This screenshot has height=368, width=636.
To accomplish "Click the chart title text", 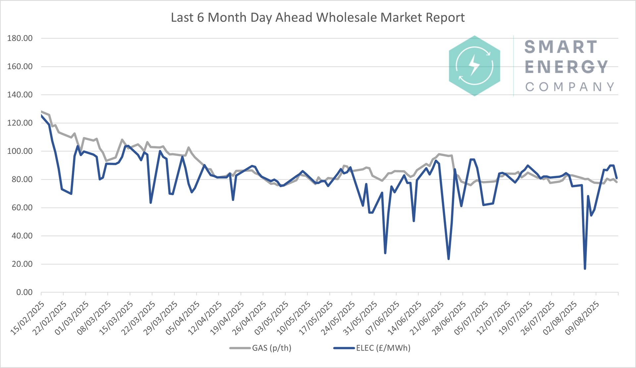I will (318, 18).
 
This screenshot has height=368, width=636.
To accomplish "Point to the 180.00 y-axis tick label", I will (20, 38).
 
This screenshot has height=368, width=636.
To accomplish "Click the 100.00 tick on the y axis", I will (20, 151).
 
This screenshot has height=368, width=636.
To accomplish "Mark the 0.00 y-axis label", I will (24, 292).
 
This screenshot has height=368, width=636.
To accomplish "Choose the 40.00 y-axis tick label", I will (20, 236).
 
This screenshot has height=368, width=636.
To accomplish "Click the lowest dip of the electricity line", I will (585, 268).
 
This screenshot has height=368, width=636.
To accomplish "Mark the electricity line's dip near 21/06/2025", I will (449, 258).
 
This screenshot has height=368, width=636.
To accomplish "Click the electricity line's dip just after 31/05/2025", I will (385, 253).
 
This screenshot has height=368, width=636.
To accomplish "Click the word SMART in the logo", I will (560, 47).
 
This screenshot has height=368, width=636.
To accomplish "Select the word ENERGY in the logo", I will (566, 67).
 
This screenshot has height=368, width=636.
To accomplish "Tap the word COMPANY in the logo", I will (569, 87).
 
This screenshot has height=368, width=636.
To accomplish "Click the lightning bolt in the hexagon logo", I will (474, 65).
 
